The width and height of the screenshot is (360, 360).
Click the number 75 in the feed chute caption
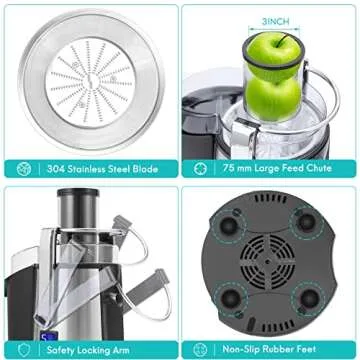pos(229,168)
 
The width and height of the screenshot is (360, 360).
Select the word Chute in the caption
pos(329,168)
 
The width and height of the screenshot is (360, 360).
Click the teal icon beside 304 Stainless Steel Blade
pos(22,168)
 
